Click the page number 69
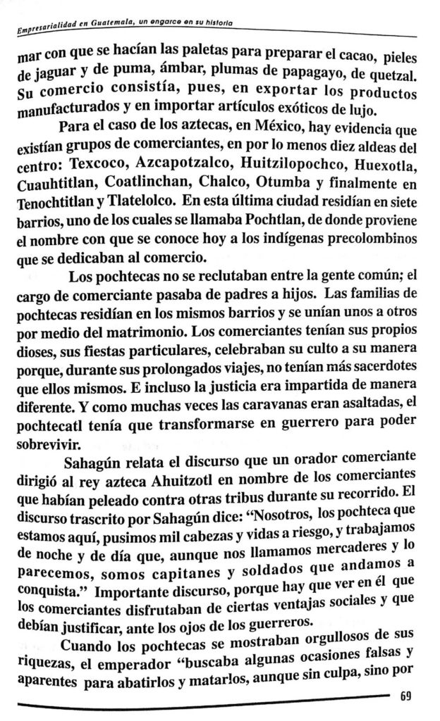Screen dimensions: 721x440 405,697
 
